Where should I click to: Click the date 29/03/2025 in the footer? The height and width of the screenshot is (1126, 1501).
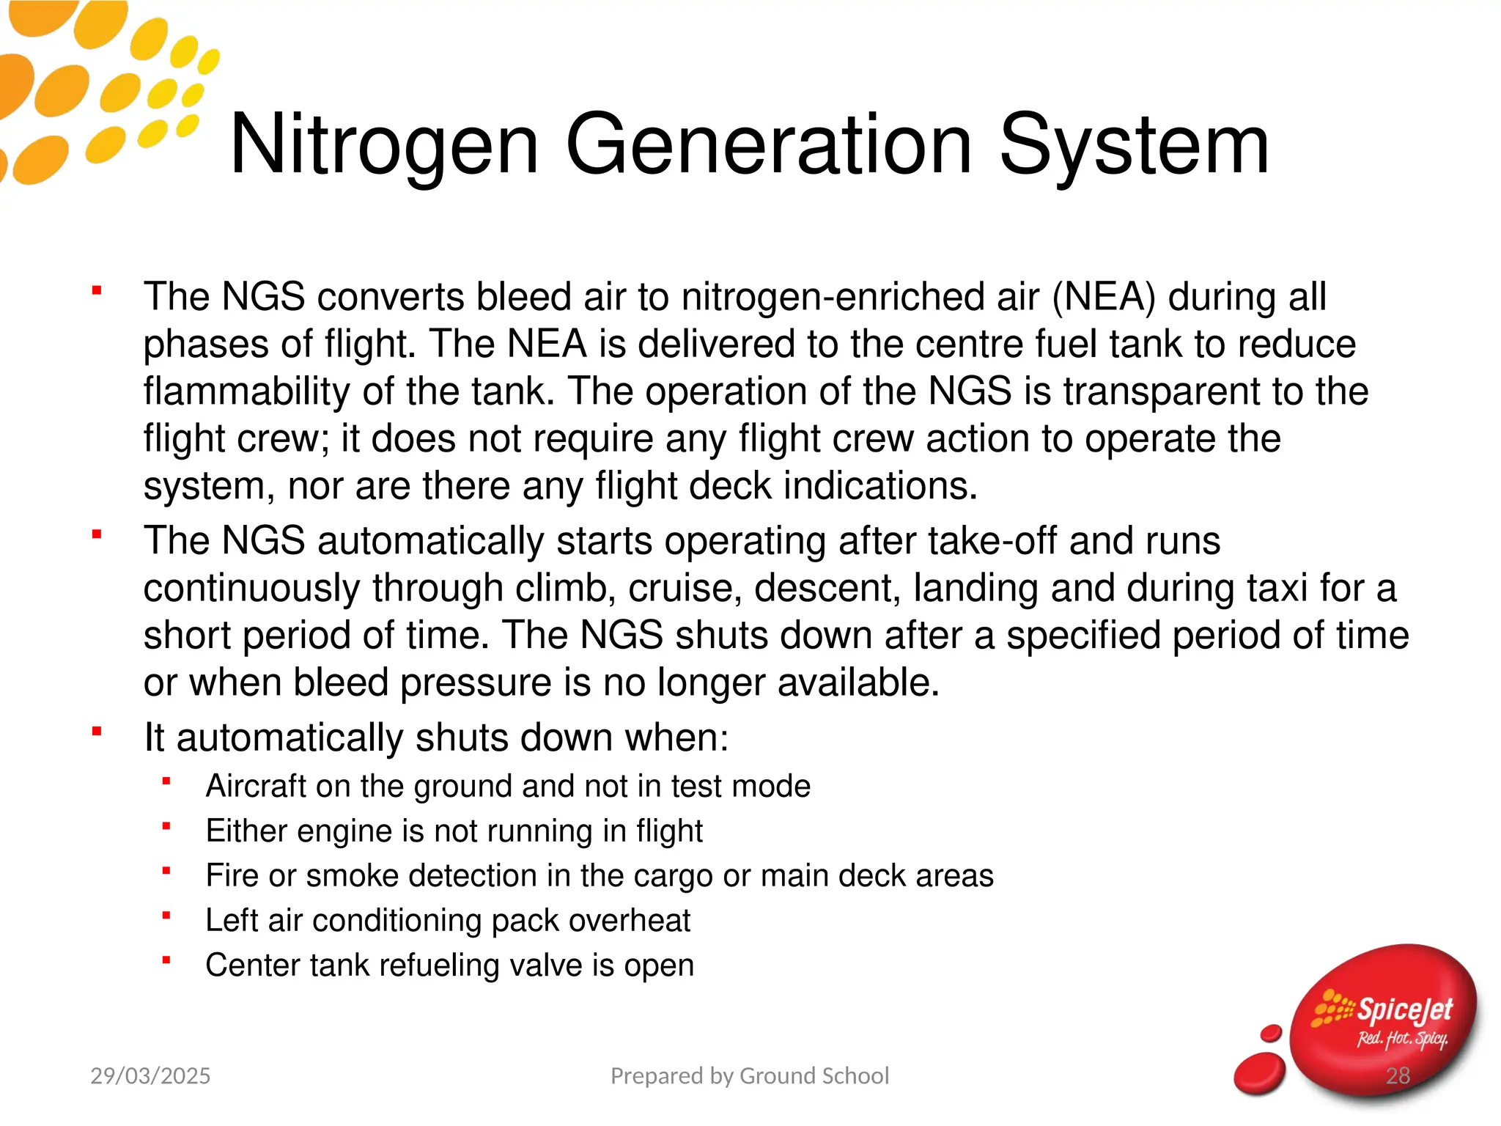pos(150,1075)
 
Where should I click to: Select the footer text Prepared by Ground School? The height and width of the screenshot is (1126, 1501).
pos(750,1075)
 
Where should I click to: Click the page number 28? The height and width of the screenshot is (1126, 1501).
pos(1398,1075)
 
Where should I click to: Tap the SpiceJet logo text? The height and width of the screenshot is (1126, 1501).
pos(1404,1010)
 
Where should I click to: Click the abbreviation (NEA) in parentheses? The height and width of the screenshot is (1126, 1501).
pos(1103,297)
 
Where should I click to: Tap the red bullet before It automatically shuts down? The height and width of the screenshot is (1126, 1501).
pos(97,731)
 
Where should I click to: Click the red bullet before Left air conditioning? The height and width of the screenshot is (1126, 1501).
pos(166,915)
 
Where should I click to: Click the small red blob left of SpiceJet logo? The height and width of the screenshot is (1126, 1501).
pos(1260,1072)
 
